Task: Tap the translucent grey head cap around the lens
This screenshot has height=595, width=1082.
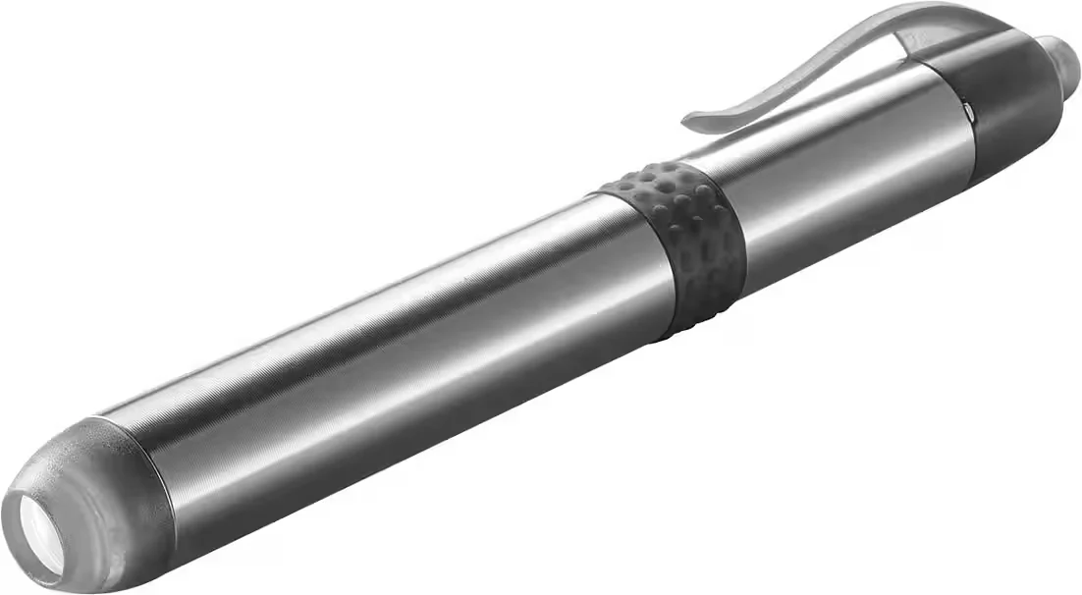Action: pos(108,501)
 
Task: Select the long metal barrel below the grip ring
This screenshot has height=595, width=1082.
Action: pos(393,353)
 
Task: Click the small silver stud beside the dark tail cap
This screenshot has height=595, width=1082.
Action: pos(970,114)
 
